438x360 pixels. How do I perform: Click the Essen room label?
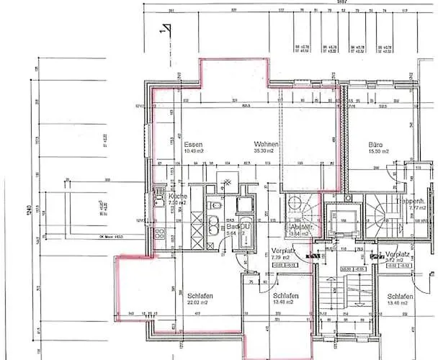click(192, 144)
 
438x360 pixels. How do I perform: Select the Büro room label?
click(375, 144)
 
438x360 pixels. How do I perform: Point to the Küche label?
click(178, 197)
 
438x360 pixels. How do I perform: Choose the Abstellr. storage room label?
click(300, 225)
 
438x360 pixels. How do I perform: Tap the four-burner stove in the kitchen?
click(158, 235)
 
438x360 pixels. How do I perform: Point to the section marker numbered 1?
click(165, 29)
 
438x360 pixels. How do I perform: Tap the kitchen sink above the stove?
click(157, 201)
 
